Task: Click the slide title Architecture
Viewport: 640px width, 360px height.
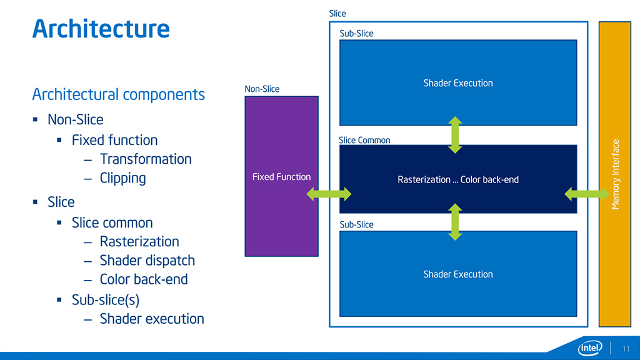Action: tap(101, 29)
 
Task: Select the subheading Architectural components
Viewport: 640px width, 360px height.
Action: tap(118, 94)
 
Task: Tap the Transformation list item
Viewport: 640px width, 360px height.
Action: tap(146, 159)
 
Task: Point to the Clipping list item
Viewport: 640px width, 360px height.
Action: tap(122, 178)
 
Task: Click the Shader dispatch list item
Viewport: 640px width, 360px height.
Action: tap(147, 261)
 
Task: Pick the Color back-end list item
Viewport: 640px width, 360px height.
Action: tap(144, 279)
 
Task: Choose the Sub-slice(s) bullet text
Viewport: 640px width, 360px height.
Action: tap(105, 300)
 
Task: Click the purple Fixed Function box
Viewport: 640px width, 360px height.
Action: tap(281, 177)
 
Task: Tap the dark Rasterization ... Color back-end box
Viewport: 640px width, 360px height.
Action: tap(458, 179)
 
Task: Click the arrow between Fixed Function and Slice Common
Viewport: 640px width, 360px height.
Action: tap(329, 194)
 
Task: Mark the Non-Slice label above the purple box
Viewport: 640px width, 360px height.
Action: tap(262, 89)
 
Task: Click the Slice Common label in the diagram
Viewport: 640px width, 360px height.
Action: tap(364, 140)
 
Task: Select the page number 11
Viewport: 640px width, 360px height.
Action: tap(626, 348)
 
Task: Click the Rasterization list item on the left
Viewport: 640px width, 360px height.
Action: tap(139, 242)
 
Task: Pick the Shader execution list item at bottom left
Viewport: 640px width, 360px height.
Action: tap(152, 319)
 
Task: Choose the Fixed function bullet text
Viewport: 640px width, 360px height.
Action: tap(114, 140)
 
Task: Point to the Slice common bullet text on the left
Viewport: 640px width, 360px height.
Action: tap(112, 223)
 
